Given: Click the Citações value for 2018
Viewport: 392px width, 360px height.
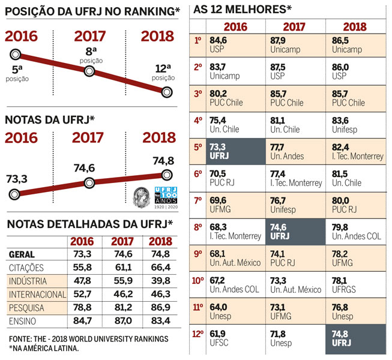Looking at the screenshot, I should pyautogui.click(x=158, y=266).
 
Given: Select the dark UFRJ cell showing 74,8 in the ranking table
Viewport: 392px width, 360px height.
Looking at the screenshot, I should pyautogui.click(x=356, y=340).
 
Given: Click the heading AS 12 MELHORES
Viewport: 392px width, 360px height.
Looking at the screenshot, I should pyautogui.click(x=243, y=10).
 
